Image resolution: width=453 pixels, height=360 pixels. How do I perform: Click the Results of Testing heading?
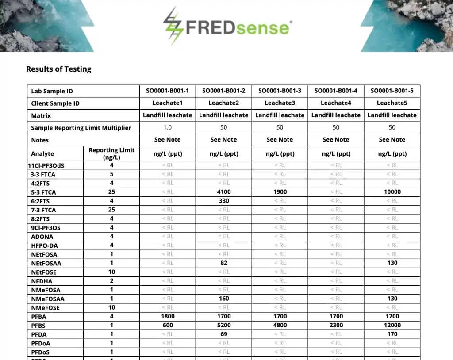[58, 69]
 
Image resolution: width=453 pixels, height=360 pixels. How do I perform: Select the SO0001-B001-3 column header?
[280, 91]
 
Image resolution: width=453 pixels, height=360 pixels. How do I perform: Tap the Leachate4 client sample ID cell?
[336, 103]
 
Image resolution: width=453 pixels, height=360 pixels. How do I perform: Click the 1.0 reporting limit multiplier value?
[168, 127]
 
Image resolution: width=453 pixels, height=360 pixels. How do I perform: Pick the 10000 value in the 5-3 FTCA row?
[392, 192]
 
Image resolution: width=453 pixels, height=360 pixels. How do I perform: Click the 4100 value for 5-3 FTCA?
[224, 192]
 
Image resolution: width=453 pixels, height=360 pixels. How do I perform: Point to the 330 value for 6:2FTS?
[224, 201]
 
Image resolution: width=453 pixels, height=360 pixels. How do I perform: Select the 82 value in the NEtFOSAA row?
[224, 263]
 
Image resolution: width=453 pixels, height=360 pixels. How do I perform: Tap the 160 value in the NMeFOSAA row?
[224, 299]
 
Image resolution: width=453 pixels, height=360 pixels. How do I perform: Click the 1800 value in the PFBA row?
[168, 316]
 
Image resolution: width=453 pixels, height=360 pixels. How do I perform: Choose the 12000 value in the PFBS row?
[392, 325]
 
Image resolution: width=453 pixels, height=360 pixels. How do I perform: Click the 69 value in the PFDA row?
[224, 334]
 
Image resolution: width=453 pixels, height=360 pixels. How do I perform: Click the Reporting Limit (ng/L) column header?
[111, 153]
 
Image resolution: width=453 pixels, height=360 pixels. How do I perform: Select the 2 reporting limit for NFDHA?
[111, 281]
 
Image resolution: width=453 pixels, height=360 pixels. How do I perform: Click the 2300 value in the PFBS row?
[336, 325]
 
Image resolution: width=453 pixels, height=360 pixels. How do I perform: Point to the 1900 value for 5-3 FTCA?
[280, 192]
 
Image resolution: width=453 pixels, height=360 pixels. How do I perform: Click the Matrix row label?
[41, 115]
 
